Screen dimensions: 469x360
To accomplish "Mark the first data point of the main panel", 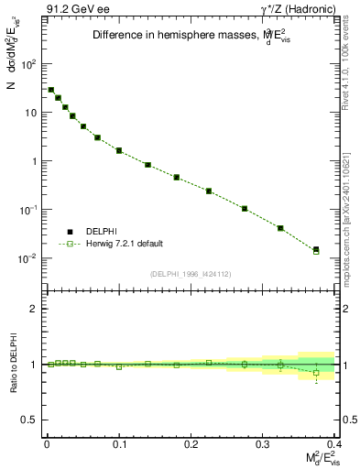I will click(x=51, y=90).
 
